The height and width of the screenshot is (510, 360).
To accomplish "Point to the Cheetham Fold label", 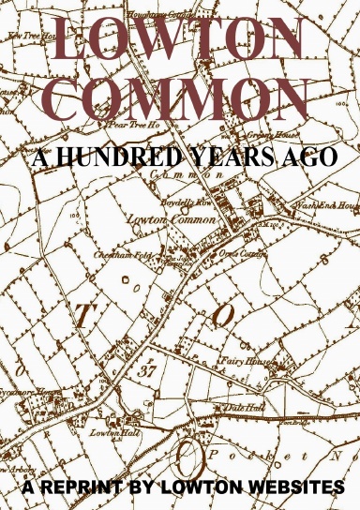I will (118, 256).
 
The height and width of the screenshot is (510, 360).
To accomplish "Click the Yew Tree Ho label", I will (31, 35).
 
